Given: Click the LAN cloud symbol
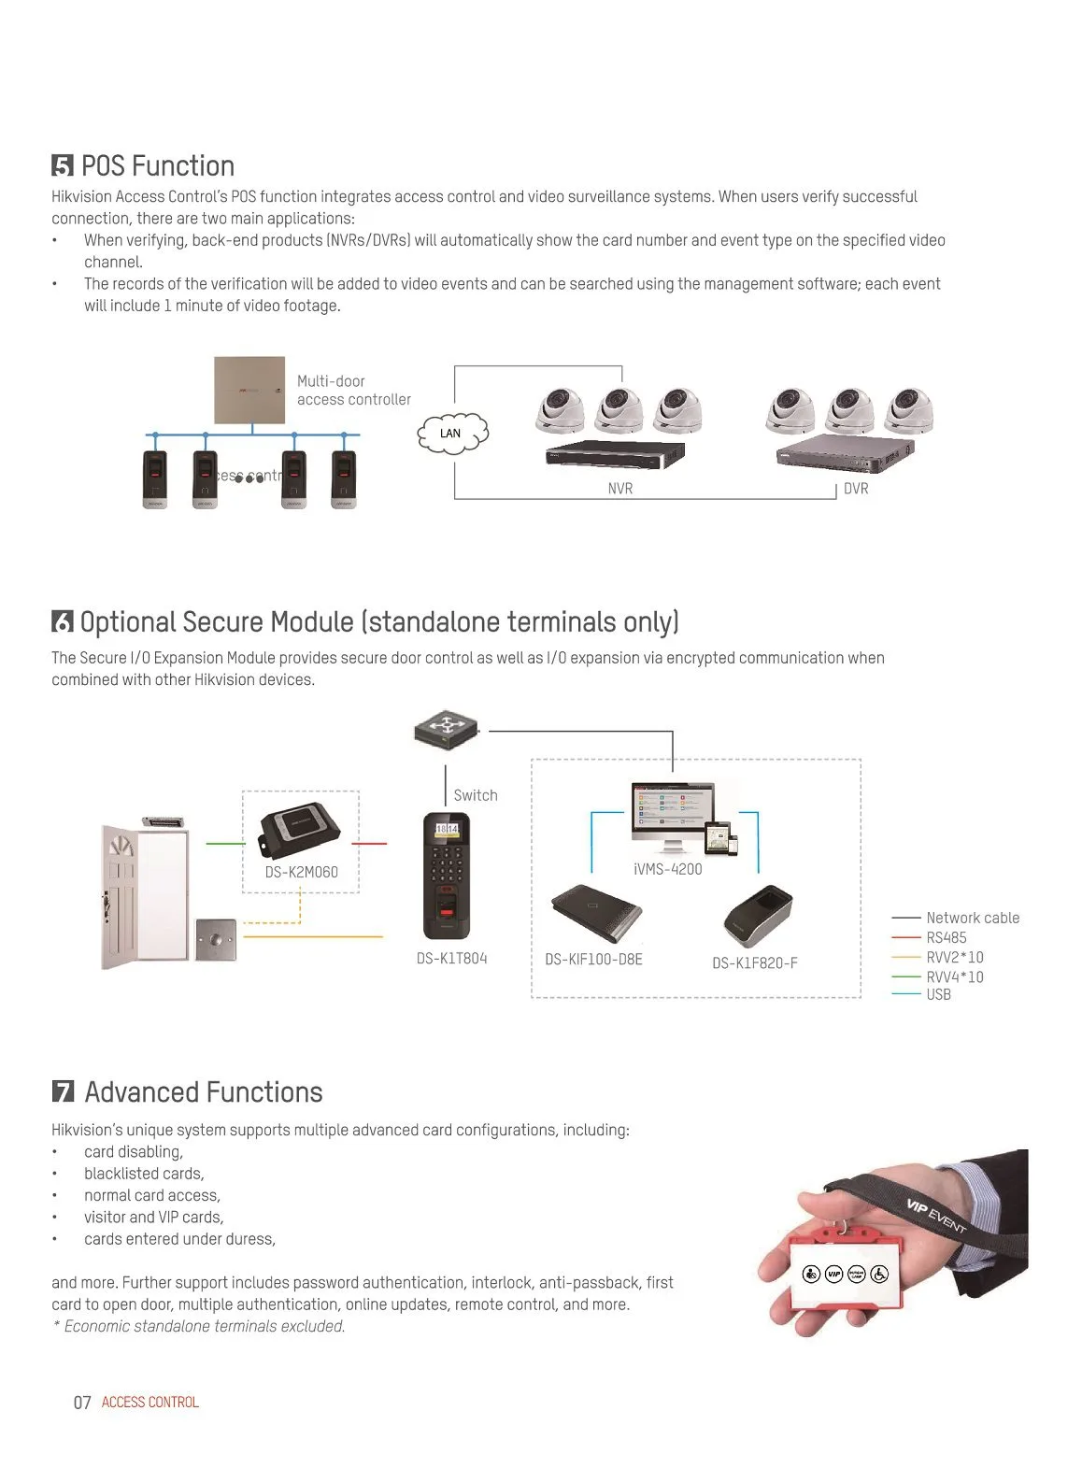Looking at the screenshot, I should coord(452,433).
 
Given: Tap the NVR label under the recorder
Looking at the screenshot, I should coord(620,489).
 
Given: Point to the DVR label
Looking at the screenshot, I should coord(856,489).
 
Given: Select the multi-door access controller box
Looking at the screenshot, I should coord(249,390).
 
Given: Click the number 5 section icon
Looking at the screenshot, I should coord(63,166).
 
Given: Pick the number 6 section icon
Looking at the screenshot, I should coord(63,622).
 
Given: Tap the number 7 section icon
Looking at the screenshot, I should coord(63,1092).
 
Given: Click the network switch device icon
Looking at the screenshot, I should coord(447,729).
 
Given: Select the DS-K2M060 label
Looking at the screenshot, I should coord(301,872).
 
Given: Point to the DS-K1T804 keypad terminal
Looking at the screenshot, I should coord(447,876).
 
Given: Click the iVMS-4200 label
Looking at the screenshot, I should coord(667,869).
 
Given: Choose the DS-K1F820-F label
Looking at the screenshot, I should coord(755,963).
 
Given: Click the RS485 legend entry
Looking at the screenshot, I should coord(947,937).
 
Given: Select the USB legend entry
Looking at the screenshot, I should coord(938,994).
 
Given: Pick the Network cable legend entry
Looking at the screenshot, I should coord(972,918).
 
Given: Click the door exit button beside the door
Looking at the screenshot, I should coord(216,939).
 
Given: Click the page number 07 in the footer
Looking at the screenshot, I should coord(82,1402).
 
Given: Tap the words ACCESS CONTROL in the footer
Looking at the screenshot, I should coord(150,1402).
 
